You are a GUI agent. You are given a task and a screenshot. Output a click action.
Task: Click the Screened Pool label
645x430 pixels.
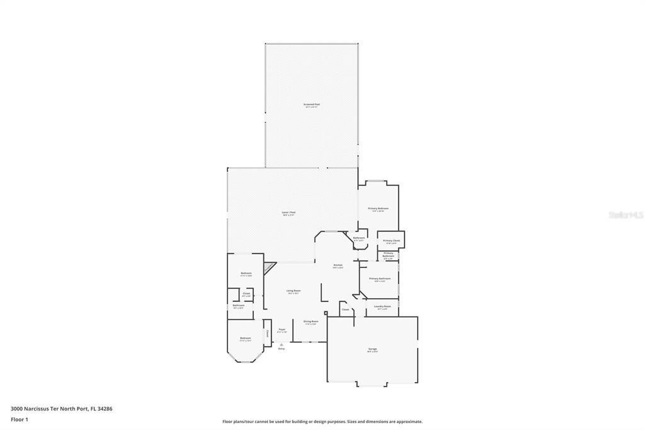coord(312,105)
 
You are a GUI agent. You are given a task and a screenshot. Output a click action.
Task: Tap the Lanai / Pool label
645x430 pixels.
coord(288,213)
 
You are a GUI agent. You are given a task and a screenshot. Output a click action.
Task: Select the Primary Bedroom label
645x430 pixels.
coord(378,209)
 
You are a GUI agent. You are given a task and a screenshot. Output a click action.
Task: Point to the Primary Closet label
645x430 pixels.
coord(391,241)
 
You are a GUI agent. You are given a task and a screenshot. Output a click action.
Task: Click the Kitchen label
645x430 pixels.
coord(338,265)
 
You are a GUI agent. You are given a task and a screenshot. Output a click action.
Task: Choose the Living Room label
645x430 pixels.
coord(294,291)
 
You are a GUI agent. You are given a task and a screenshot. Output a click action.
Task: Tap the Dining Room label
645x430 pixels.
coord(311,322)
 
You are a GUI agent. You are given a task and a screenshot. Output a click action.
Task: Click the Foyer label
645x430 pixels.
coord(282,330)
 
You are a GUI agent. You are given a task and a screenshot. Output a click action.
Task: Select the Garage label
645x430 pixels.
coord(372,349)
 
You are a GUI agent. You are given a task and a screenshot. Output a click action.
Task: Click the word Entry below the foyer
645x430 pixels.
coord(281,349)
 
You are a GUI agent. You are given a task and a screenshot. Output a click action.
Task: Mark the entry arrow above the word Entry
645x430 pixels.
coord(281,344)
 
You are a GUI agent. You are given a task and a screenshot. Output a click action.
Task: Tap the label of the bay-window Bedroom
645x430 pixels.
coord(245,339)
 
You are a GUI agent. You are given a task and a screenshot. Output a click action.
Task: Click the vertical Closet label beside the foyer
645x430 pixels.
coord(267,332)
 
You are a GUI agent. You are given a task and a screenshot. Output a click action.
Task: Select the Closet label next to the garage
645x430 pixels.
coord(345,310)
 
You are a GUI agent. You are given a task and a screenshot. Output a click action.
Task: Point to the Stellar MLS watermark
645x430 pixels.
coord(625,215)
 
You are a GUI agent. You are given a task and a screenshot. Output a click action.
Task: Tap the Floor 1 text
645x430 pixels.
coord(20,419)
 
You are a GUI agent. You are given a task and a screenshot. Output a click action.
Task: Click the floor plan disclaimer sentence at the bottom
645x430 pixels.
coord(322,422)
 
